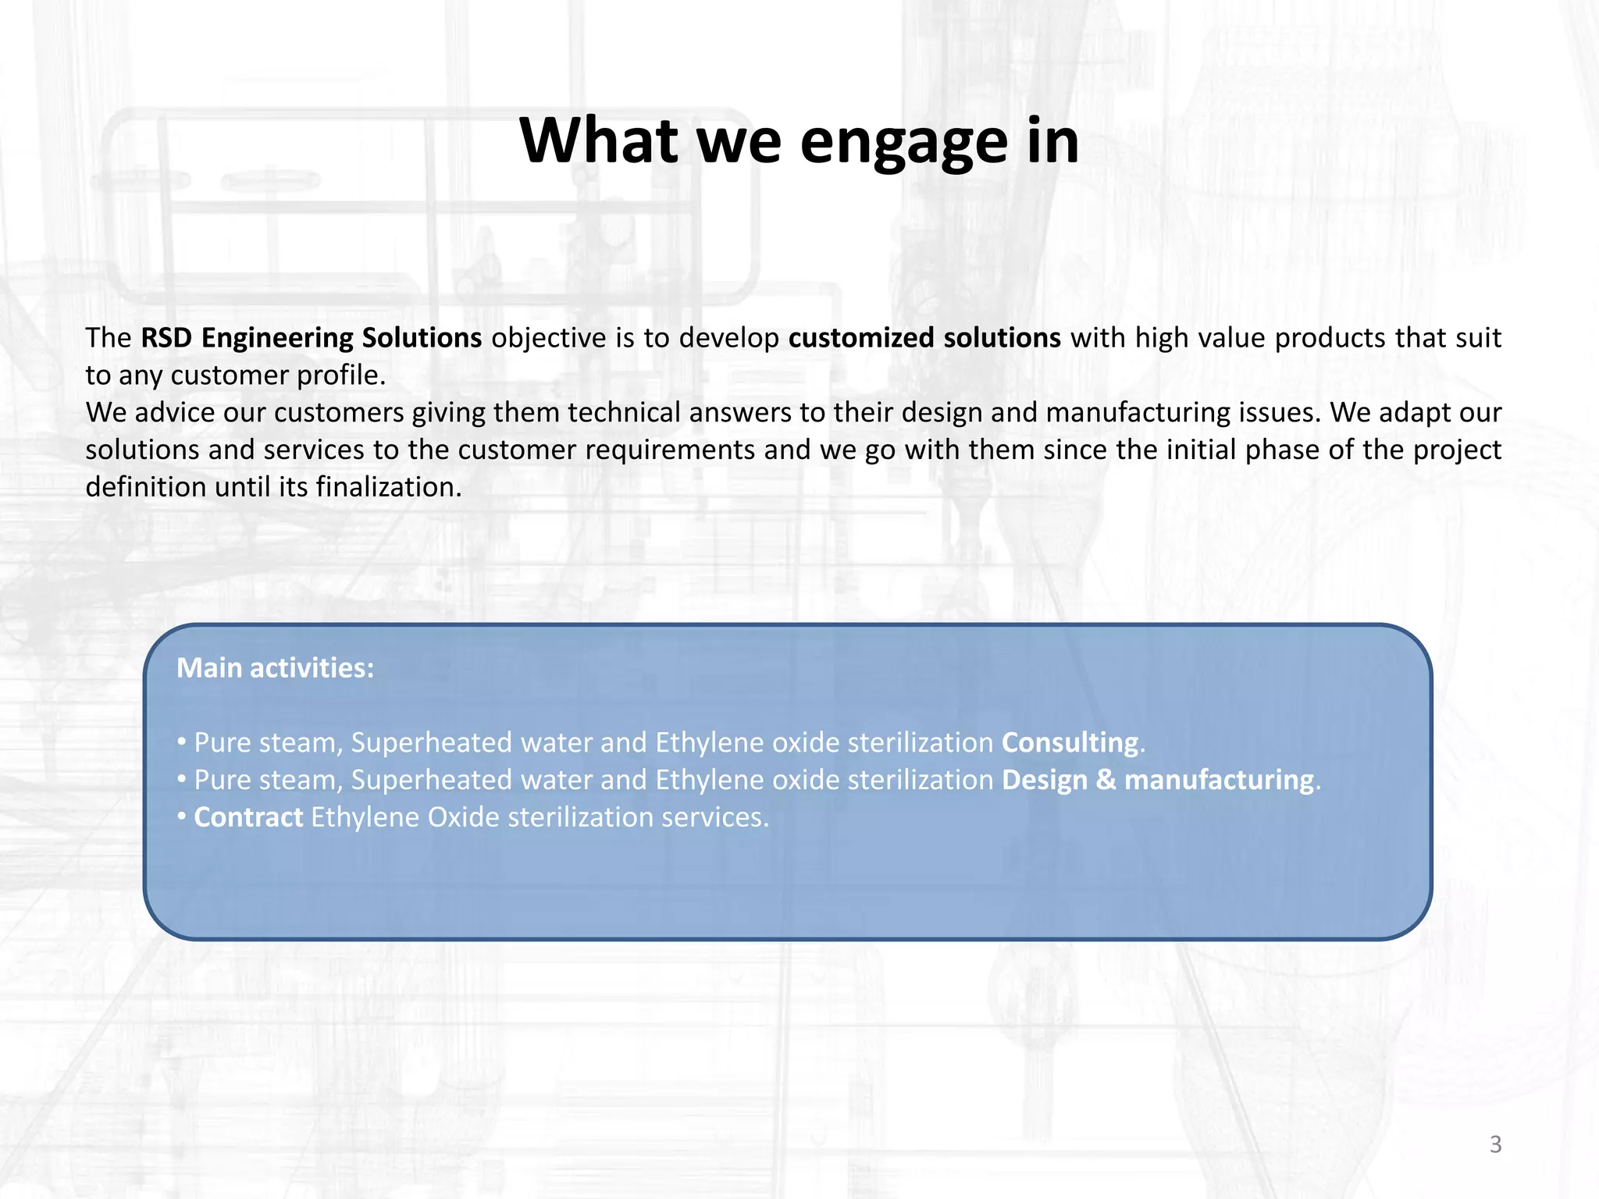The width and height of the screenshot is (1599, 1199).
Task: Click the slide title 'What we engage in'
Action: point(799,142)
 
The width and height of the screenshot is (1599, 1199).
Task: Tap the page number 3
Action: point(1495,1144)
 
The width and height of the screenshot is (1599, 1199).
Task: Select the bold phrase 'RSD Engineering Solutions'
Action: point(311,338)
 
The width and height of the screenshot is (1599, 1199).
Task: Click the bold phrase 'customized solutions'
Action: point(924,338)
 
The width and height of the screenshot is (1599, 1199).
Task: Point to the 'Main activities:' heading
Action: point(275,668)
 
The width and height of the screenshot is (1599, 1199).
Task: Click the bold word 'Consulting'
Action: point(1070,742)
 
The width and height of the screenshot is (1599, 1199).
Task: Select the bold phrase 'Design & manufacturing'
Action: point(1157,780)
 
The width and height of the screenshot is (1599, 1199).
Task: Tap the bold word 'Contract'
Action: point(248,817)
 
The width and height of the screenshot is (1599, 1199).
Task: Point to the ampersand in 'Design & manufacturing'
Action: point(1106,780)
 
